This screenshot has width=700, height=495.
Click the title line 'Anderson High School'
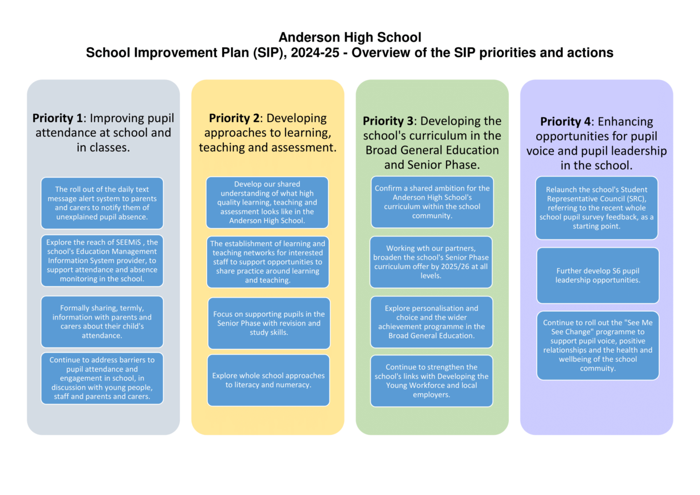[x=349, y=37]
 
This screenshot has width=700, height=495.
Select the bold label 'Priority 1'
[x=57, y=118]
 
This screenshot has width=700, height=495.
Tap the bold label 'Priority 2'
[x=233, y=118]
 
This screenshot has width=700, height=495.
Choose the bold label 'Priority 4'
[x=566, y=121]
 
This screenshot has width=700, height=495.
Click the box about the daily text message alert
[x=102, y=203]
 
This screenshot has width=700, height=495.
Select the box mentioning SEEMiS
[x=102, y=261]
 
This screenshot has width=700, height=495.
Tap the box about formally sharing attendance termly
[x=102, y=322]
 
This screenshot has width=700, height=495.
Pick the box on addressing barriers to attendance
[x=102, y=378]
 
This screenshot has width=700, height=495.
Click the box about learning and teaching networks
[x=268, y=262]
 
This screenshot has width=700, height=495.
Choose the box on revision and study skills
[x=269, y=323]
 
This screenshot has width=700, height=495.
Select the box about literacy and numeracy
[x=268, y=380]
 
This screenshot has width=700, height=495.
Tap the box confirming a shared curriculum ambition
[x=432, y=202]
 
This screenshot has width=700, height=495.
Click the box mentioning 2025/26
[x=431, y=262]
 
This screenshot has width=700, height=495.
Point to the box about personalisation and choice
[x=432, y=322]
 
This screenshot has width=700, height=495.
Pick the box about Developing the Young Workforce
[x=432, y=381]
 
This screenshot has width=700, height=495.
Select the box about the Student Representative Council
[x=597, y=208]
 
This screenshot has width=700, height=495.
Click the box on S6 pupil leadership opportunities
[x=598, y=276]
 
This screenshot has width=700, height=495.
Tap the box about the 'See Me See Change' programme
[x=598, y=346]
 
